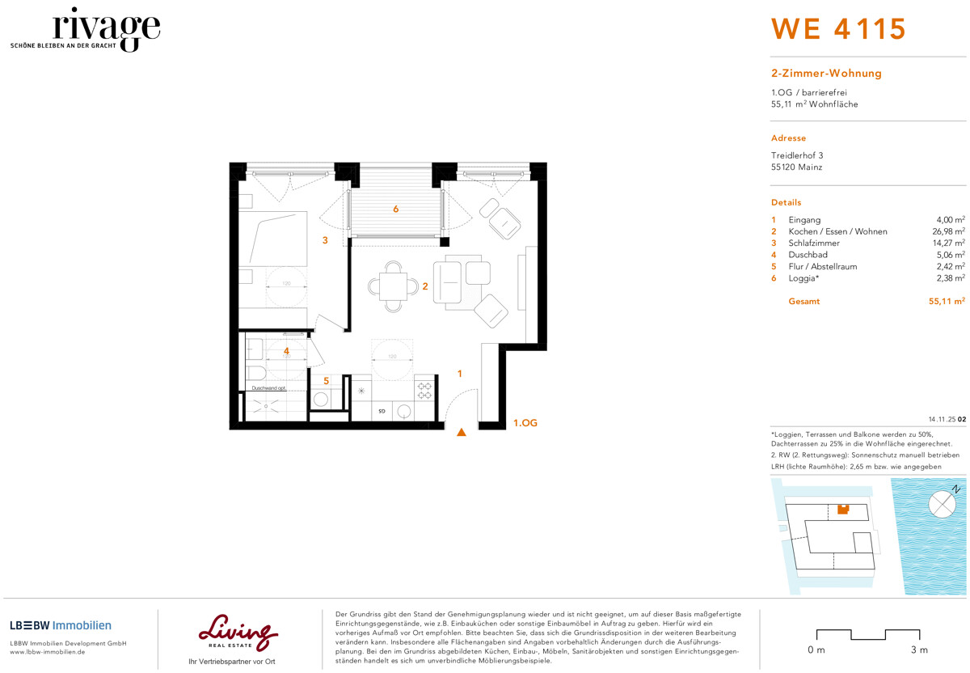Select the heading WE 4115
coord(838,29)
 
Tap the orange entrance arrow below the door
coord(462,433)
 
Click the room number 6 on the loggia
coord(395,210)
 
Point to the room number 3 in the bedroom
coord(325,240)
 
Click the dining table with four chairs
coord(393,286)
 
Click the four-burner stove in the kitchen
coord(424,391)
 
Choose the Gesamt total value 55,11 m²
coord(947,301)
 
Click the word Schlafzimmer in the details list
coord(814,243)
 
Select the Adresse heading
coord(788,138)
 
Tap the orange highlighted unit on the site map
coord(843,509)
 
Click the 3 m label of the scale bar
coord(918,650)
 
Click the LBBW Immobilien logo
coord(61,625)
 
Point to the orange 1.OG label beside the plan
coord(525,423)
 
